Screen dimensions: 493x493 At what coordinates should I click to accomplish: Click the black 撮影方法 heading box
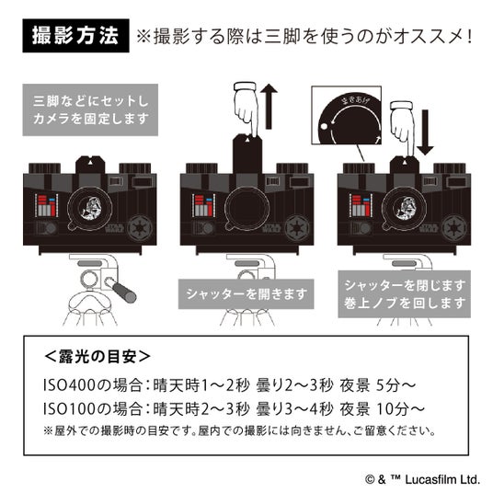coord(75,36)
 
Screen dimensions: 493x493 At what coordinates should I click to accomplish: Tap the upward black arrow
coord(269,107)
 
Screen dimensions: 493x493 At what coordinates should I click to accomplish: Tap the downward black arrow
coord(426,132)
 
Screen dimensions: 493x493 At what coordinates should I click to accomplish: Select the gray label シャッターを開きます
coord(246,294)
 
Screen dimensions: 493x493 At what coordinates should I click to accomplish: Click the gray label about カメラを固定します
coord(90,109)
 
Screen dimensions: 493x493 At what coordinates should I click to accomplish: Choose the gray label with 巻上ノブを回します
coord(404,294)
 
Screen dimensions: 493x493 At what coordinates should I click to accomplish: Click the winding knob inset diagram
coord(346,115)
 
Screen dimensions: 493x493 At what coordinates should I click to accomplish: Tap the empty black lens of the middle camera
coord(247,208)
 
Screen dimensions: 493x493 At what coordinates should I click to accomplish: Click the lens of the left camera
coord(90,208)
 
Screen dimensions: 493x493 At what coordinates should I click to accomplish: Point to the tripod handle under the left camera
coord(121,290)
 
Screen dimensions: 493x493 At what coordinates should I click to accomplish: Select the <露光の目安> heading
coord(97,357)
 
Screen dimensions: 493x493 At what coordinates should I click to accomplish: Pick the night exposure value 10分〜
coord(400,409)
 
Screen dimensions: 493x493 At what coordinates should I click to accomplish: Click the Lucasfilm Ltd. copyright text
coord(422,480)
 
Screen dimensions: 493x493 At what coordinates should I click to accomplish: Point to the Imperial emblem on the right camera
coord(454,228)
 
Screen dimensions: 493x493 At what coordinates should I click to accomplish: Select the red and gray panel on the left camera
coord(46,206)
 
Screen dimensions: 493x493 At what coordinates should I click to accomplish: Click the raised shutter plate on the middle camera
coord(247,153)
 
